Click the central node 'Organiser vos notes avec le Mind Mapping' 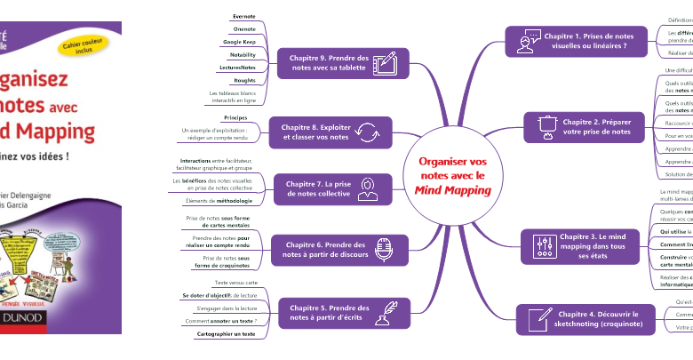[453, 176]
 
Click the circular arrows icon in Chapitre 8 [366, 132]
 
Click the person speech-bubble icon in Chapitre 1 [529, 41]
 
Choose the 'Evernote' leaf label [243, 16]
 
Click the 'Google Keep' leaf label [239, 42]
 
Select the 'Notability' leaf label [243, 54]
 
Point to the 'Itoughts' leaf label [243, 80]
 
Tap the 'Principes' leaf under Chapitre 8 [235, 116]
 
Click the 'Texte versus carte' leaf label [235, 282]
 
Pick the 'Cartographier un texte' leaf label [225, 334]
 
